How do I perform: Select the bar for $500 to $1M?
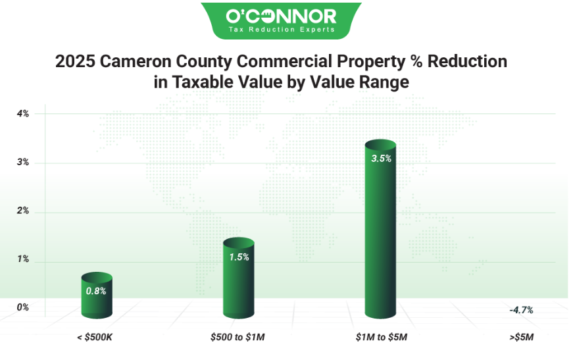pyautogui.click(x=238, y=280)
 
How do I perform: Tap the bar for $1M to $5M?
pyautogui.click(x=380, y=230)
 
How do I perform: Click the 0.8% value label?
pyautogui.click(x=95, y=290)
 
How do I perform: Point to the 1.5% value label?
pyautogui.click(x=239, y=257)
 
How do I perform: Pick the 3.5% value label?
pyautogui.click(x=381, y=158)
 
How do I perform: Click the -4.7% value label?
pyautogui.click(x=520, y=309)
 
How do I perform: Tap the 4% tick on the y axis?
pyautogui.click(x=23, y=114)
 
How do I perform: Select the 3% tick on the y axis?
pyautogui.click(x=23, y=163)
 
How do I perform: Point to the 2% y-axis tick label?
pyautogui.click(x=23, y=211)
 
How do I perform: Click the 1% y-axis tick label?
pyautogui.click(x=23, y=259)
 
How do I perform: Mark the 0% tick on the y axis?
pyautogui.click(x=23, y=307)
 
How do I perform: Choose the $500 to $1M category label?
pyautogui.click(x=238, y=338)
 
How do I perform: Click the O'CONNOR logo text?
pyautogui.click(x=281, y=16)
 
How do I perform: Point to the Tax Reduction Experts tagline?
pyautogui.click(x=281, y=30)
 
